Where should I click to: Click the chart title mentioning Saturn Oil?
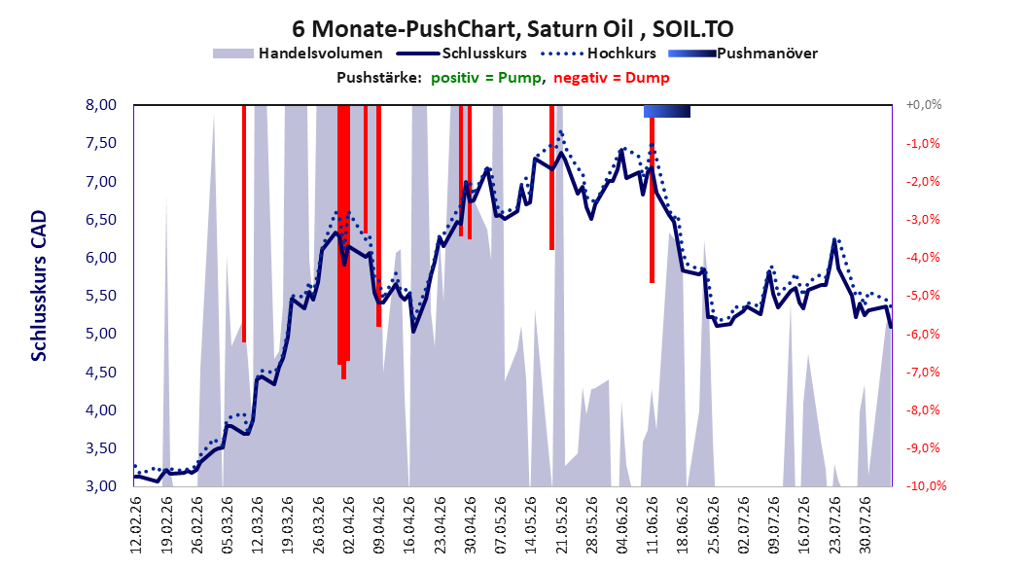pos(512,29)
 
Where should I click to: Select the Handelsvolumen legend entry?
pos(299,53)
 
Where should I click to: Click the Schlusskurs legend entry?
pos(462,53)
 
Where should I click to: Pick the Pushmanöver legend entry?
pos(743,53)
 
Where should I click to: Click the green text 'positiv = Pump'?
pos(486,78)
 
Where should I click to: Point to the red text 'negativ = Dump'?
pos(612,78)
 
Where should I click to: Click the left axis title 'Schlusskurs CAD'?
pos(39,285)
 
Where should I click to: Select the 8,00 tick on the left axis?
pos(101,105)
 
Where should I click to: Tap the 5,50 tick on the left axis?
pos(101,296)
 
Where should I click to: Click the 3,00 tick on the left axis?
pos(101,486)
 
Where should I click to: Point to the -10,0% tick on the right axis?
pos(926,486)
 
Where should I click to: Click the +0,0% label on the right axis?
pos(924,105)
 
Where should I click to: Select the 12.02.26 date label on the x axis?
pos(136,525)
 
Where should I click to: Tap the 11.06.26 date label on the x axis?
pos(652,525)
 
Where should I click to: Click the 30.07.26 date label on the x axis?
pos(865,525)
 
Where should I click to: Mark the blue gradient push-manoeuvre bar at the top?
pos(667,111)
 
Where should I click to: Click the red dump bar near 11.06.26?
pos(652,213)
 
